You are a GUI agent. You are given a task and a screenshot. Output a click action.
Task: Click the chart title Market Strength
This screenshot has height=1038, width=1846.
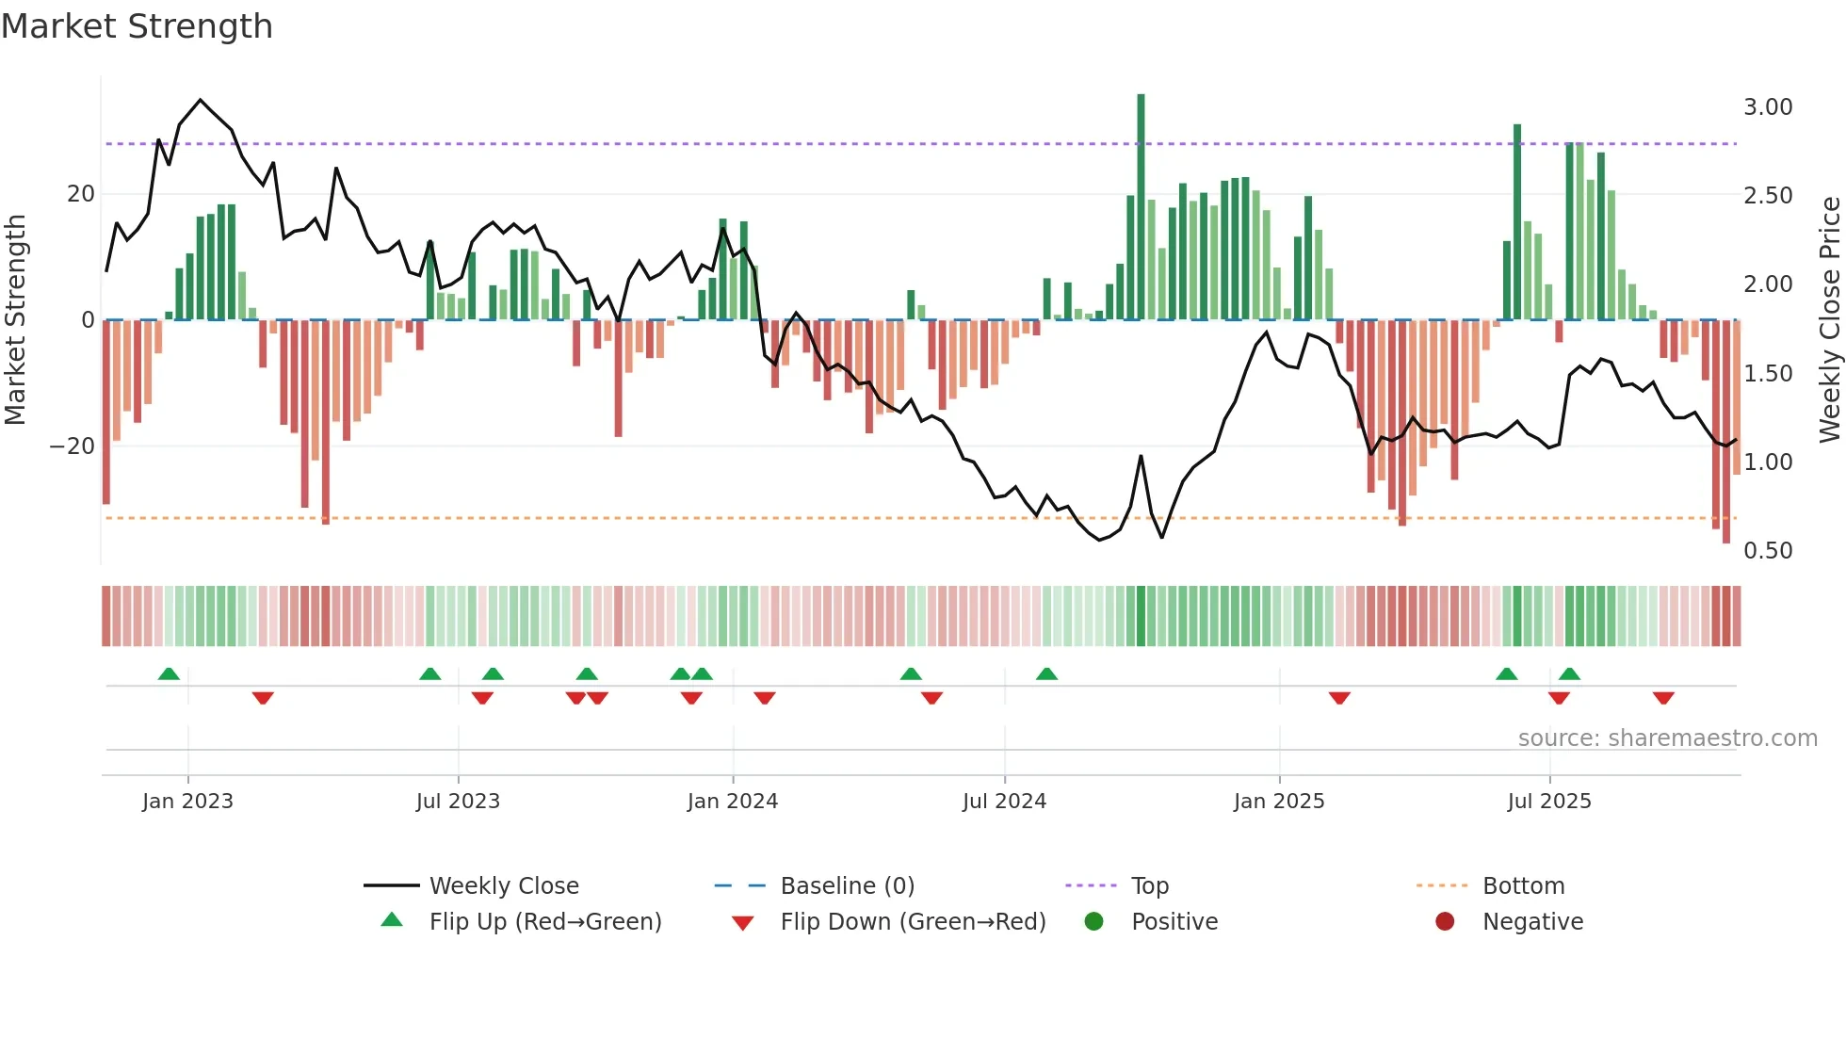click(x=137, y=26)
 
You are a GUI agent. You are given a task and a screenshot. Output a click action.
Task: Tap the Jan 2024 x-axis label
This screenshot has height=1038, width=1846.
click(x=732, y=802)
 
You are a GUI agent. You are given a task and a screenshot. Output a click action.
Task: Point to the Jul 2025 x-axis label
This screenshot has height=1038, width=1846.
click(x=1548, y=802)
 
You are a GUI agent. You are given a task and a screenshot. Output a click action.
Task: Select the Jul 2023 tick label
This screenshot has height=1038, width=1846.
click(x=458, y=802)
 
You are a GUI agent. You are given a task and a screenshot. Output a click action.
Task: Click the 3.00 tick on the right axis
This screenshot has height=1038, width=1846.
click(x=1767, y=107)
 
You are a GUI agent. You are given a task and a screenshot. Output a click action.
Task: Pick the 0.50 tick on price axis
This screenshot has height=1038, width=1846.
click(x=1767, y=551)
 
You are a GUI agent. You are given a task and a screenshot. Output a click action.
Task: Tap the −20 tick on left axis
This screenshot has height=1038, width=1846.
click(x=73, y=446)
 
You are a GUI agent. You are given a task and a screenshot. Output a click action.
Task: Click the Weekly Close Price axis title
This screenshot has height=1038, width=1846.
click(x=1829, y=319)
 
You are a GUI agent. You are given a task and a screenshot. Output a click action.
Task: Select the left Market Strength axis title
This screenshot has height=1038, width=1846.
click(x=15, y=319)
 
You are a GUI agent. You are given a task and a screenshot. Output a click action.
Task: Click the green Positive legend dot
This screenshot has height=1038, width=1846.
click(x=1093, y=921)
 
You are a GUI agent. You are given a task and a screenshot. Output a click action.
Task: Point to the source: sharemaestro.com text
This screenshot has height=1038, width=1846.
click(x=1667, y=738)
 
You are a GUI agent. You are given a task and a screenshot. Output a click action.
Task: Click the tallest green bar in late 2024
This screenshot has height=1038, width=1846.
click(x=1141, y=207)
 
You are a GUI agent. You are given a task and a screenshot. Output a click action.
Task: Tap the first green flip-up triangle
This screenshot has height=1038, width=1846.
click(x=169, y=673)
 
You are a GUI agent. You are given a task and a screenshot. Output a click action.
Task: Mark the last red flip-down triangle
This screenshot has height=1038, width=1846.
click(x=1663, y=698)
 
